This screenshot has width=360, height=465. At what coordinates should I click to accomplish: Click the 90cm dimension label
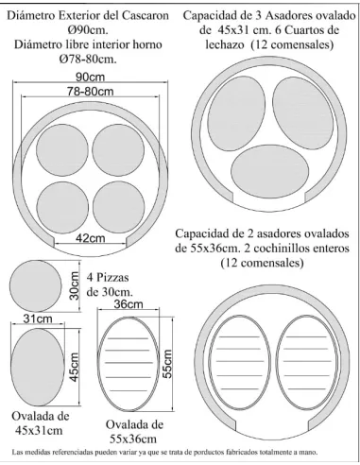91,77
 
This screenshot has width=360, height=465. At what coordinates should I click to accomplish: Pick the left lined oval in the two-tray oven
241,367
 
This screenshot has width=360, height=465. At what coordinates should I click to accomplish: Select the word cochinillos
267,248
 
